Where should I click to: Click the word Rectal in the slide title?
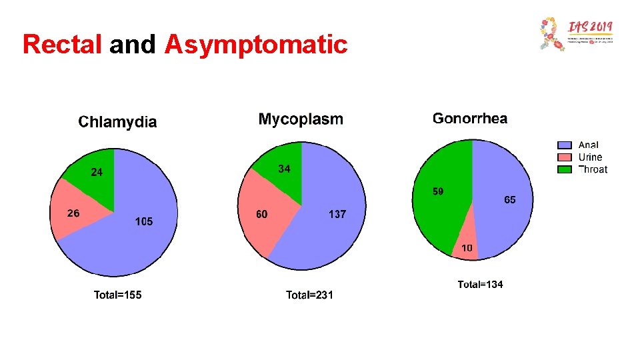tap(62, 45)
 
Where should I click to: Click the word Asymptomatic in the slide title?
tap(256, 45)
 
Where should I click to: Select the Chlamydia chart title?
tap(117, 122)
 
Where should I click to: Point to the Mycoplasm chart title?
tap(301, 119)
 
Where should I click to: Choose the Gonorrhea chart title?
tap(469, 119)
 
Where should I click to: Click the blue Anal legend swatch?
tap(565, 145)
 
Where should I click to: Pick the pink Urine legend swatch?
tap(565, 157)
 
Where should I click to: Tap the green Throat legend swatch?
tap(565, 169)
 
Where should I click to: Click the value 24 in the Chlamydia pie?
tap(97, 173)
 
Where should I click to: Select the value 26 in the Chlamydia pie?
tap(73, 213)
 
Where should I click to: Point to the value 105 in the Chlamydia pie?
tap(143, 221)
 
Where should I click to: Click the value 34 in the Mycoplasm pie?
tap(284, 169)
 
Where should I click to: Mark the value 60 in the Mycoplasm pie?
tap(262, 215)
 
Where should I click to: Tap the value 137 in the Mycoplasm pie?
tap(337, 215)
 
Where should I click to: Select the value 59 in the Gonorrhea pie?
tap(438, 192)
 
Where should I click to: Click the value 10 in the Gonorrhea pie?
tap(467, 248)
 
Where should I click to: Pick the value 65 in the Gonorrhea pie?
tap(509, 200)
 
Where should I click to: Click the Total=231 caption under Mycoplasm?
tap(309, 295)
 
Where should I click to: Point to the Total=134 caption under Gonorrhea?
tap(480, 285)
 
